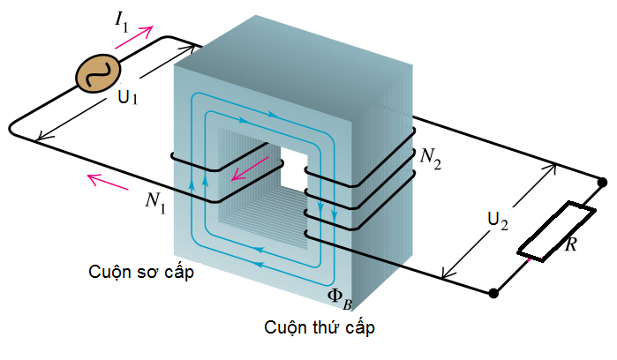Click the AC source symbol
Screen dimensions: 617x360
pyautogui.click(x=98, y=73)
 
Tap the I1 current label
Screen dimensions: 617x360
pyautogui.click(x=122, y=23)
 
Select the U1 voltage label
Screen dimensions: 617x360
pyautogui.click(x=128, y=97)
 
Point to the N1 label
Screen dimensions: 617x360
pyautogui.click(x=155, y=202)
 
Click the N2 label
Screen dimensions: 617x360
pyautogui.click(x=431, y=159)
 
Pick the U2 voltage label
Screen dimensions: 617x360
pyautogui.click(x=498, y=221)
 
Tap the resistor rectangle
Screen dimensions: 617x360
pyautogui.click(x=556, y=231)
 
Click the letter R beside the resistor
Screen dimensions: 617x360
pyautogui.click(x=571, y=244)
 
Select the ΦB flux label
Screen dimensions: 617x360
pyautogui.click(x=340, y=298)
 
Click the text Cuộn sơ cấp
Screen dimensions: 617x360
pyautogui.click(x=141, y=273)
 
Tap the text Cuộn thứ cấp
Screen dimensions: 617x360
pyautogui.click(x=320, y=327)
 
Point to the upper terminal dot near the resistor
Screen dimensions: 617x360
pyautogui.click(x=602, y=183)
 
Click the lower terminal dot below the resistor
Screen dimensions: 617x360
pyautogui.click(x=493, y=293)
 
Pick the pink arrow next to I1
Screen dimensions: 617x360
pyautogui.click(x=134, y=37)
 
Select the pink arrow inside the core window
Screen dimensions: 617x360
pyautogui.click(x=251, y=169)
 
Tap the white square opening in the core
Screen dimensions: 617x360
pyautogui.click(x=294, y=169)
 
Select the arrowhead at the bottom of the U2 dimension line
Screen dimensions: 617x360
pyautogui.click(x=446, y=273)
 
